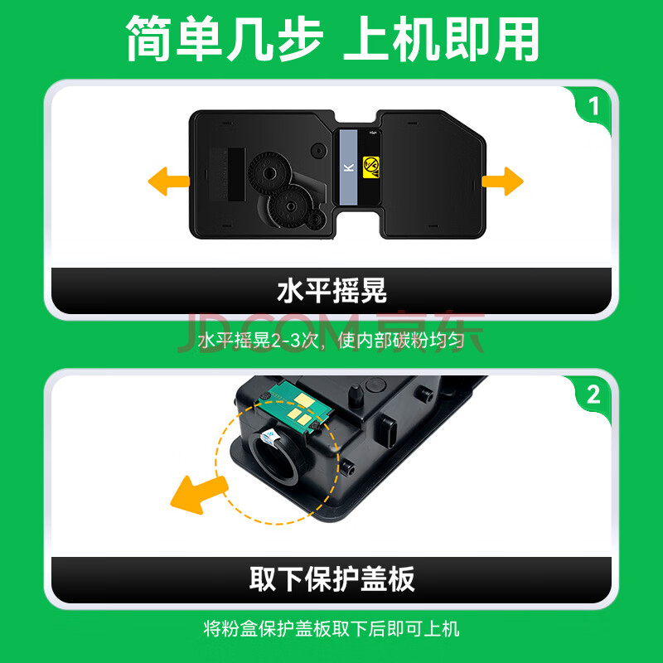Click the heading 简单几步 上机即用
pyautogui.click(x=332, y=38)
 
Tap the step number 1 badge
pyautogui.click(x=594, y=106)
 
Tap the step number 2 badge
pyautogui.click(x=593, y=394)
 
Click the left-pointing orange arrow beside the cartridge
pyautogui.click(x=168, y=181)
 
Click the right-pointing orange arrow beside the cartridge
pyautogui.click(x=503, y=181)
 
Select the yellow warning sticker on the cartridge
pyautogui.click(x=370, y=167)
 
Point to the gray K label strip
pyautogui.click(x=348, y=167)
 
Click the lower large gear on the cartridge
pyautogui.click(x=291, y=206)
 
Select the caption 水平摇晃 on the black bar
pyautogui.click(x=332, y=291)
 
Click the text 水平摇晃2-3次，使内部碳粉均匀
pyautogui.click(x=331, y=340)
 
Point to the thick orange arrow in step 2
pyautogui.click(x=198, y=494)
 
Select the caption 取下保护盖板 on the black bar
pyautogui.click(x=332, y=579)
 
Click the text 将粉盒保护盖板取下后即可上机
pyautogui.click(x=331, y=629)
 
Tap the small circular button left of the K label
pyautogui.click(x=319, y=150)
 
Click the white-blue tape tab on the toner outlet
pyautogui.click(x=269, y=437)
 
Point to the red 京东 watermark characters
pyautogui.click(x=430, y=332)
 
